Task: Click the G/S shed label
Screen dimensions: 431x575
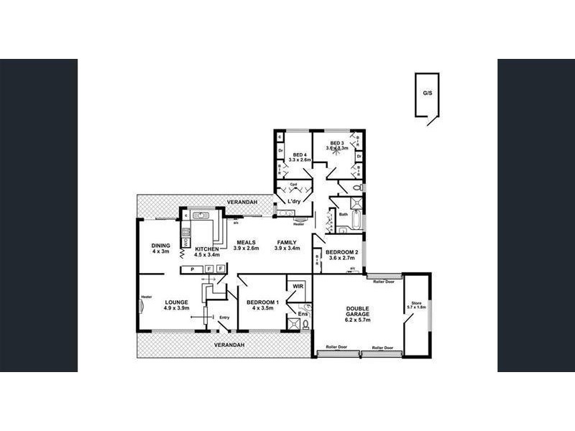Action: pyautogui.click(x=428, y=93)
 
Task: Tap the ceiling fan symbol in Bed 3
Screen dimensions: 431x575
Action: pyautogui.click(x=336, y=153)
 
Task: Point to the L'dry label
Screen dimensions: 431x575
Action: pyautogui.click(x=293, y=202)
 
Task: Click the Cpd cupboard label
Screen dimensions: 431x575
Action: pyautogui.click(x=293, y=185)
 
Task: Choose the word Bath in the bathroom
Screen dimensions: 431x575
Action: pyautogui.click(x=344, y=214)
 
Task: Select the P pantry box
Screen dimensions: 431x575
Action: pyautogui.click(x=192, y=269)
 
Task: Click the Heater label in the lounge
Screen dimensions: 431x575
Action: pyautogui.click(x=147, y=296)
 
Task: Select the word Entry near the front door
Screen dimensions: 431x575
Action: pyautogui.click(x=224, y=318)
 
